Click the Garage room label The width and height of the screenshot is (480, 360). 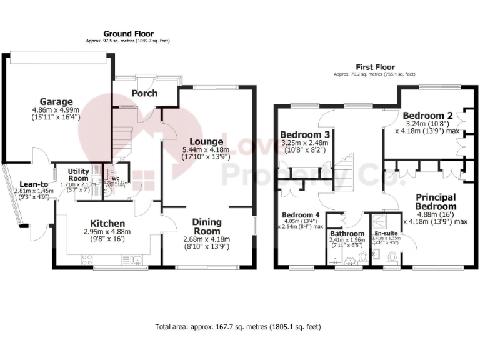56,102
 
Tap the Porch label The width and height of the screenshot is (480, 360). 144,94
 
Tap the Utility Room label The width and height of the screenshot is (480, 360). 79,174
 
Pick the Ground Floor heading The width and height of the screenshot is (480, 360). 128,34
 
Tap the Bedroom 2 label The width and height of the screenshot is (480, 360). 426,116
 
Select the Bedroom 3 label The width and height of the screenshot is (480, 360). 304,135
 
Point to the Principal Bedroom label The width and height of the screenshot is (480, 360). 436,202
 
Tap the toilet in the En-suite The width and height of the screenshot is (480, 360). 392,257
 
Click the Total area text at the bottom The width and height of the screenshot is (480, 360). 239,327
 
